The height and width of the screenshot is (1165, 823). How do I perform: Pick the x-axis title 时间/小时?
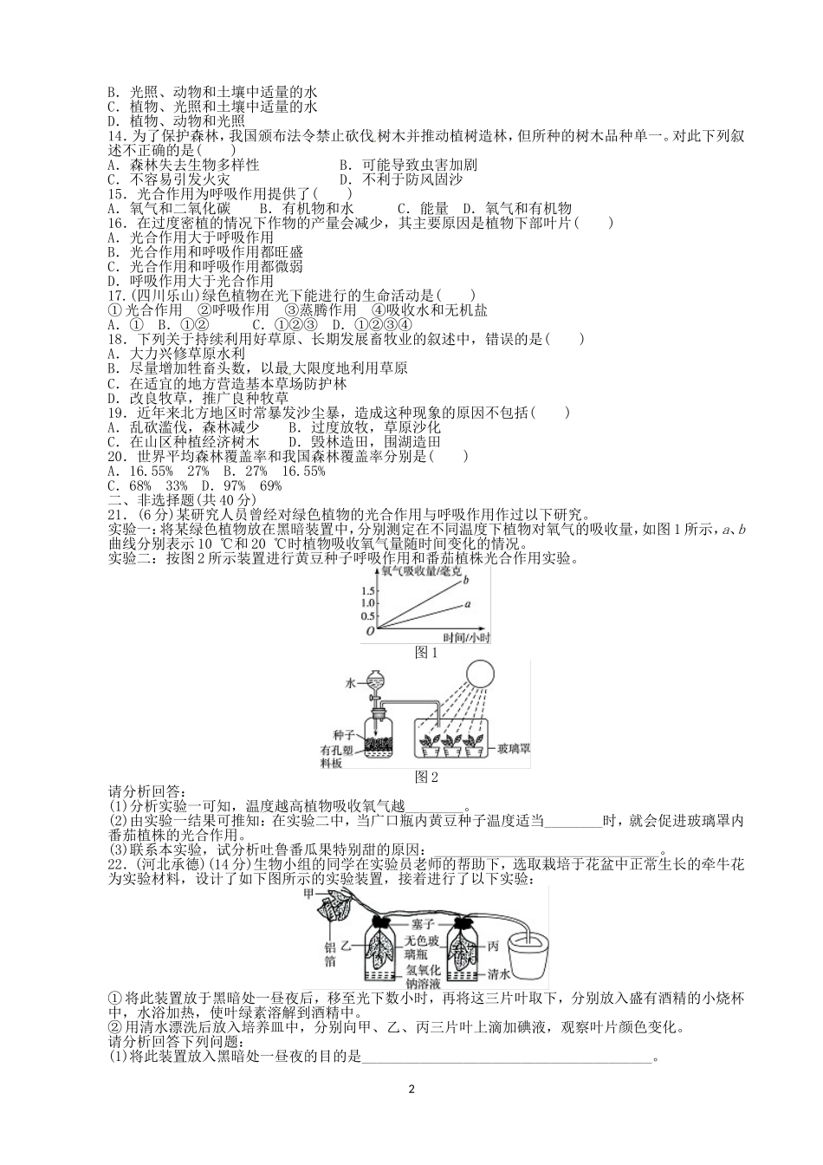pos(467,637)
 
